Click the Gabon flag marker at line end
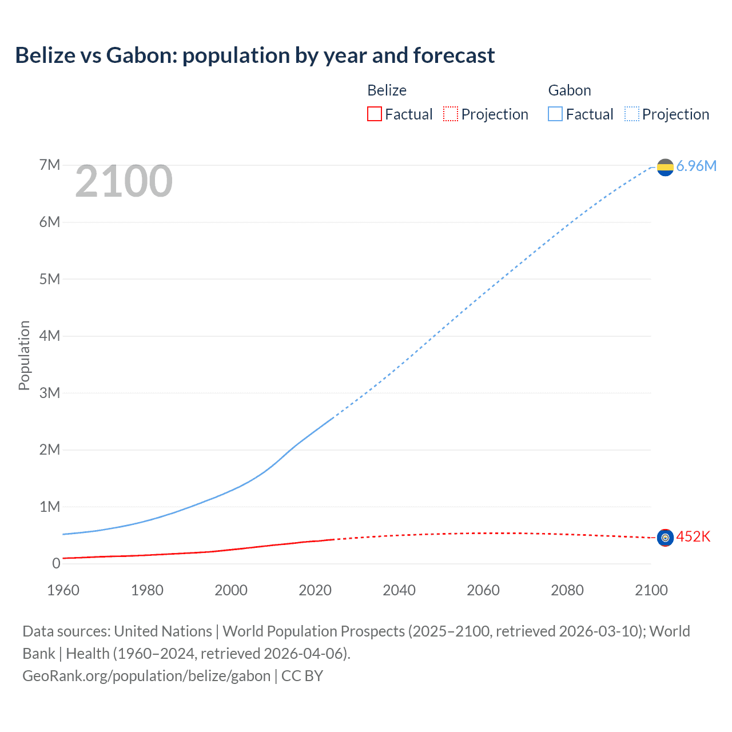(x=665, y=167)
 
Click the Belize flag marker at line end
(x=665, y=538)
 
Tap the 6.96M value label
(x=696, y=166)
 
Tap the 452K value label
(x=693, y=536)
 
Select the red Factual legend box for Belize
(x=374, y=114)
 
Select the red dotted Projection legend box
(x=451, y=114)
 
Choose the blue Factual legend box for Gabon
(x=555, y=114)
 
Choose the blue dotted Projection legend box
(x=631, y=114)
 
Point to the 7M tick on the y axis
(x=50, y=165)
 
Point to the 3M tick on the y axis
(x=50, y=393)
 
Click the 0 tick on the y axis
(x=56, y=563)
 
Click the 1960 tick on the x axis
(x=63, y=590)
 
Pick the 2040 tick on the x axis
(x=399, y=590)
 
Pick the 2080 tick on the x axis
(x=567, y=590)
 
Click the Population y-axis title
(x=24, y=355)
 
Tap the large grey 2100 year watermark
(x=124, y=181)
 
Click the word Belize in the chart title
(x=45, y=55)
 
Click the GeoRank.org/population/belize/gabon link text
(x=146, y=675)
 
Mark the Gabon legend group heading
(x=570, y=90)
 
